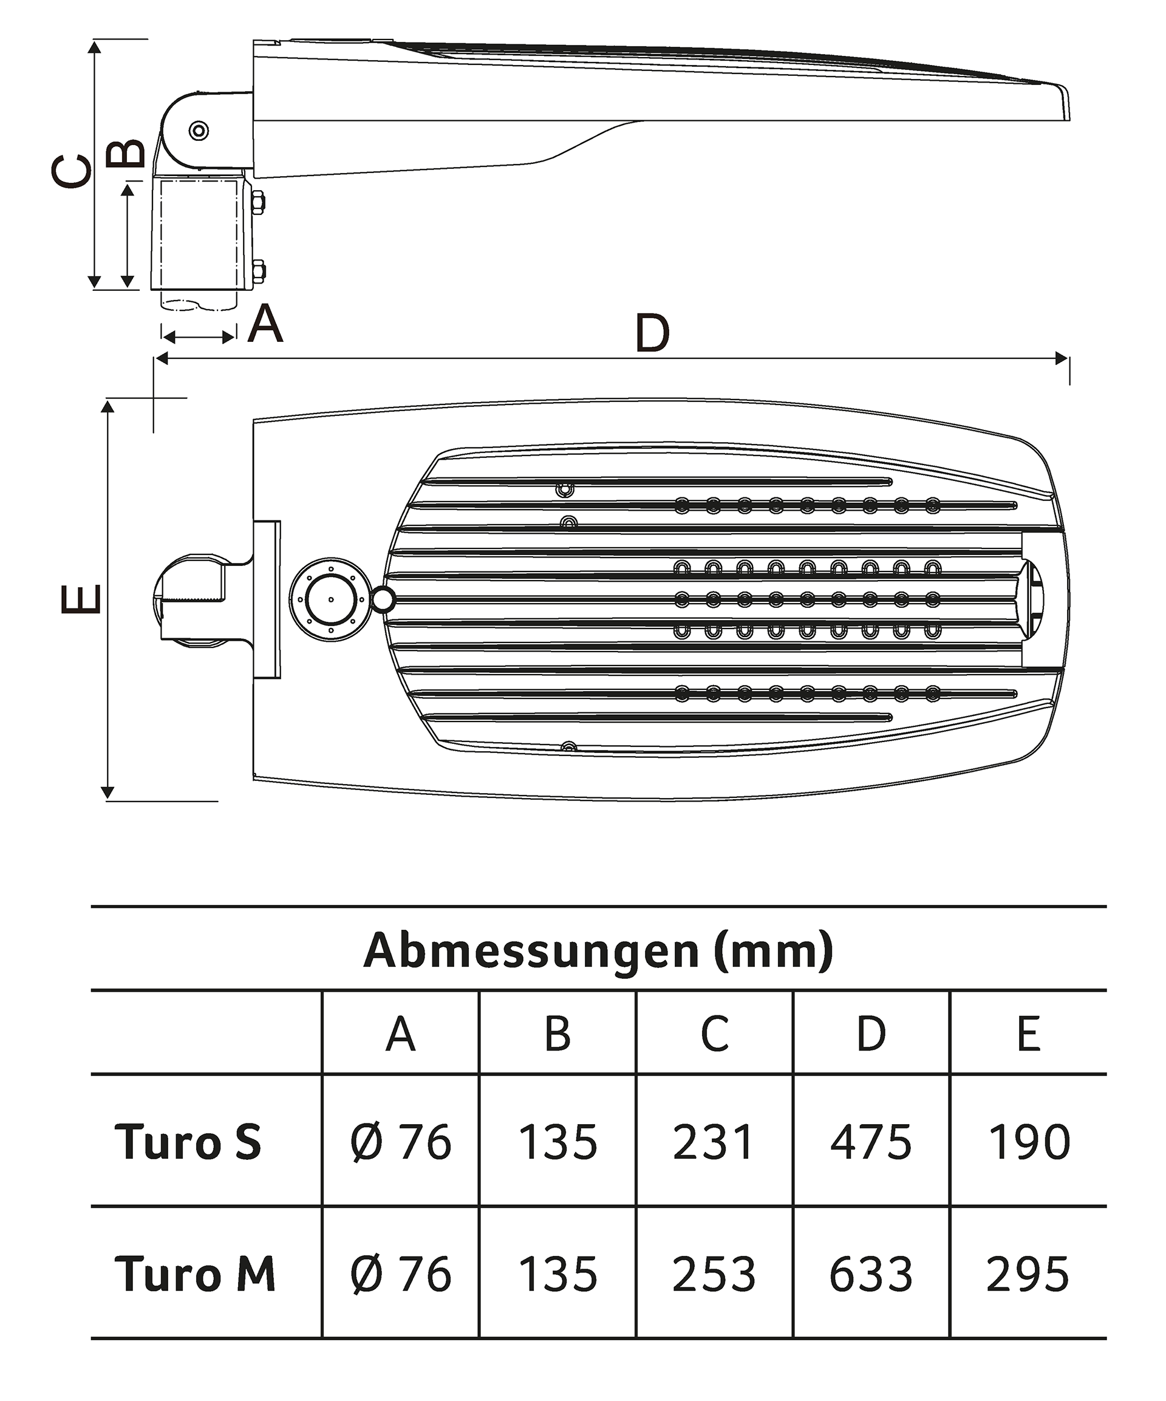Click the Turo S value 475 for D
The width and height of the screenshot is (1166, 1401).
[x=870, y=1142]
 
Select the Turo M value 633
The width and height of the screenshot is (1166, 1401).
[x=870, y=1275]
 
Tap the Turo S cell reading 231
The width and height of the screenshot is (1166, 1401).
[x=714, y=1142]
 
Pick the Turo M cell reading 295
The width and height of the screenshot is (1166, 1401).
[x=1028, y=1275]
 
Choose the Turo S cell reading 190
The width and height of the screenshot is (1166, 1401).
[x=1029, y=1142]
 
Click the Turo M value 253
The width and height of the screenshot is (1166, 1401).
[x=714, y=1275]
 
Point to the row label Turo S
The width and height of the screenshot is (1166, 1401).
[x=188, y=1142]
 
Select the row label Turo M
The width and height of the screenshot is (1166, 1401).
[x=195, y=1275]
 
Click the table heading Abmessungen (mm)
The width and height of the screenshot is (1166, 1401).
[x=598, y=950]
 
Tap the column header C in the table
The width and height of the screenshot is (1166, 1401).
[x=714, y=1035]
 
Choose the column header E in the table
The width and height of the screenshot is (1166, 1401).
[x=1029, y=1035]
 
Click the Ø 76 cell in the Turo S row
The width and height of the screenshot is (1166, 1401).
[x=400, y=1142]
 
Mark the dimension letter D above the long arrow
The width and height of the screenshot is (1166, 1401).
[x=652, y=333]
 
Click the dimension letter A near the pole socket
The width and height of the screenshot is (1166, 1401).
[x=265, y=324]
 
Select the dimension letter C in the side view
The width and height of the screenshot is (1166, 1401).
[x=72, y=171]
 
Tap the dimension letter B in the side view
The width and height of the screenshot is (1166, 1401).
[x=126, y=154]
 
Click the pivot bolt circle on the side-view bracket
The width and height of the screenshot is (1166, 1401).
[x=199, y=130]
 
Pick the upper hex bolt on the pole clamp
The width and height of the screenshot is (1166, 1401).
[x=257, y=202]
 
